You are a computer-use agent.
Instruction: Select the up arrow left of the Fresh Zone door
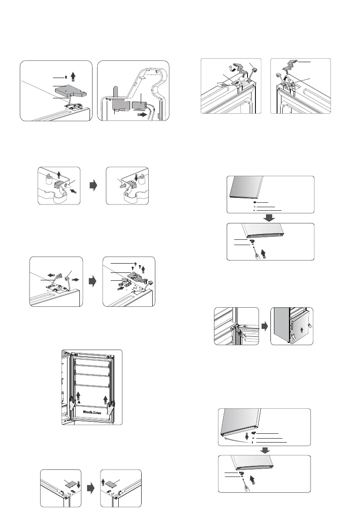point(79,395)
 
